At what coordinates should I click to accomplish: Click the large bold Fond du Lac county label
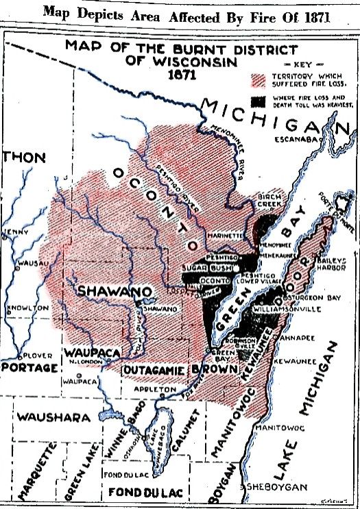[136, 491]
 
